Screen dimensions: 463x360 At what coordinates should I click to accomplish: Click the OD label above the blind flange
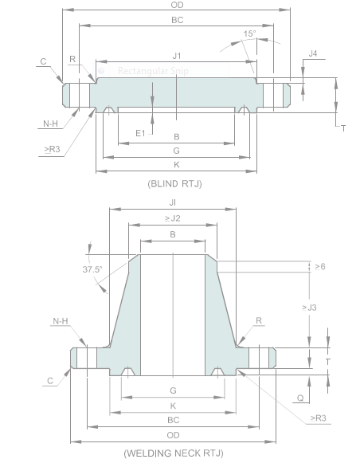click(x=177, y=5)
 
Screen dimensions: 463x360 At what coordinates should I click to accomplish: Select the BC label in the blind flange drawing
click(x=177, y=19)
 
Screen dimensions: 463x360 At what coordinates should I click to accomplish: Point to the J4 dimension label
click(x=312, y=53)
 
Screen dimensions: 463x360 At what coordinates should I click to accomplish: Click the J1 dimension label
click(x=177, y=56)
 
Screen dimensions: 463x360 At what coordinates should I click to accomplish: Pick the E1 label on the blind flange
click(x=140, y=132)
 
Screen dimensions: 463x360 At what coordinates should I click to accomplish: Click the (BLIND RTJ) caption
click(x=174, y=183)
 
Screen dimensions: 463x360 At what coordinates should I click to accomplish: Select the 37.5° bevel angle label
click(x=92, y=269)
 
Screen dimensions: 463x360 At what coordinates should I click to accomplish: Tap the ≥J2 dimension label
click(x=173, y=218)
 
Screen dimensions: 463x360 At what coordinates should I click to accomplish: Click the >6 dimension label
click(x=319, y=265)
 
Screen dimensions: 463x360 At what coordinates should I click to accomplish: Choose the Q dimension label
click(x=300, y=396)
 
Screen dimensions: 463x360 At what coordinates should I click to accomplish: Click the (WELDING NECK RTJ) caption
click(x=173, y=453)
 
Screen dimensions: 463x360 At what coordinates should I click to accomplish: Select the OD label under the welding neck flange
click(x=173, y=434)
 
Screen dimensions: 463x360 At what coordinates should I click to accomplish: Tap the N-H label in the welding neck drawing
click(x=61, y=321)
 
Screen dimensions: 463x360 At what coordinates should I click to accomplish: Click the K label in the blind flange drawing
click(x=176, y=163)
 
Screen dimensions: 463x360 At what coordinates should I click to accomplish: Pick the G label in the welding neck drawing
click(x=173, y=390)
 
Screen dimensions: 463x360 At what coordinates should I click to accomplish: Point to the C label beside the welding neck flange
click(x=49, y=381)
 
